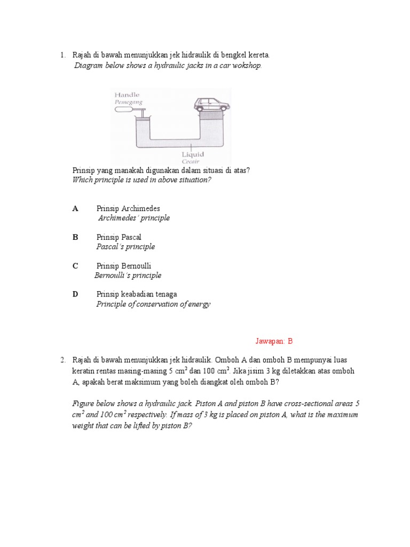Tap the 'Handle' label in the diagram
127,95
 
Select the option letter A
75,209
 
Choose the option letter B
75,237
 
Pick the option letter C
75,266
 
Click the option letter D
75,294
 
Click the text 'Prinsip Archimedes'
128,209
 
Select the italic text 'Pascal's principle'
125,247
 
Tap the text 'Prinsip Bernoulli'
128,266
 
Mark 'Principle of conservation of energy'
153,304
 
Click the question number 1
62,55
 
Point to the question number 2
62,361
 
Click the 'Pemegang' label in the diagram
128,101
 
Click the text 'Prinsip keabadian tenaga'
137,294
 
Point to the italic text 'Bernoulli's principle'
128,276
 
